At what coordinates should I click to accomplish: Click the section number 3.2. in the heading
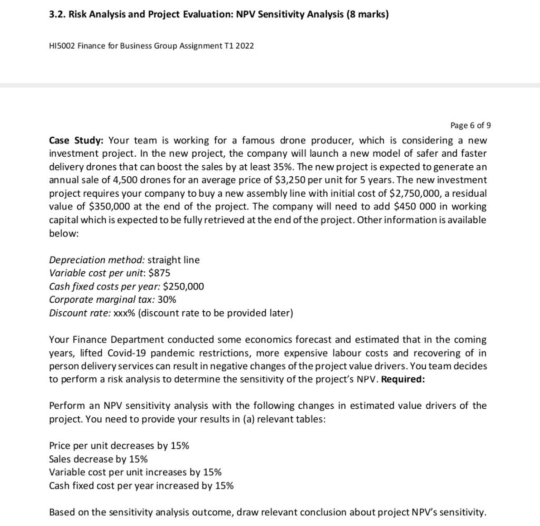(57, 14)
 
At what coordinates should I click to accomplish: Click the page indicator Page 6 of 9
(470, 125)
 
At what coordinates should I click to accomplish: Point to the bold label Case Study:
(76, 140)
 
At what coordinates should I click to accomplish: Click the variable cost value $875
(160, 273)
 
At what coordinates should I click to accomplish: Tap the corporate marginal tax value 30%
(167, 299)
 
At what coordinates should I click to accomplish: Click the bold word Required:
(403, 379)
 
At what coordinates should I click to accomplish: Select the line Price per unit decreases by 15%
(119, 445)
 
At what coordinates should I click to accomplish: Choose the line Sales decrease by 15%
(98, 458)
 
